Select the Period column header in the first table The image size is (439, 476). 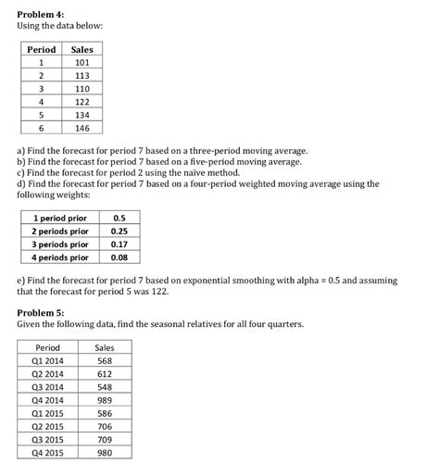pos(42,49)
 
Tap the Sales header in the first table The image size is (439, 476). pos(82,49)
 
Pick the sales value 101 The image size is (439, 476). pos(82,63)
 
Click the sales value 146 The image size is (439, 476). pos(82,129)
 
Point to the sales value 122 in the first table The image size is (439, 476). pos(82,103)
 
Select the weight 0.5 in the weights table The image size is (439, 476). pos(119,218)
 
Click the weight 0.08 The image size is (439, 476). pos(119,257)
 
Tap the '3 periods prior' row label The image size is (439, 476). pos(59,244)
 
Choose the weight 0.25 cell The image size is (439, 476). pos(119,231)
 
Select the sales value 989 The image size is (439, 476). pos(104,401)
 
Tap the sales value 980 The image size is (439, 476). pos(104,454)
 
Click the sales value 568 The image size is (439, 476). pos(104,361)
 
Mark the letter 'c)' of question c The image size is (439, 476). pos(22,172)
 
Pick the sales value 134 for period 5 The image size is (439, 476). pos(82,116)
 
